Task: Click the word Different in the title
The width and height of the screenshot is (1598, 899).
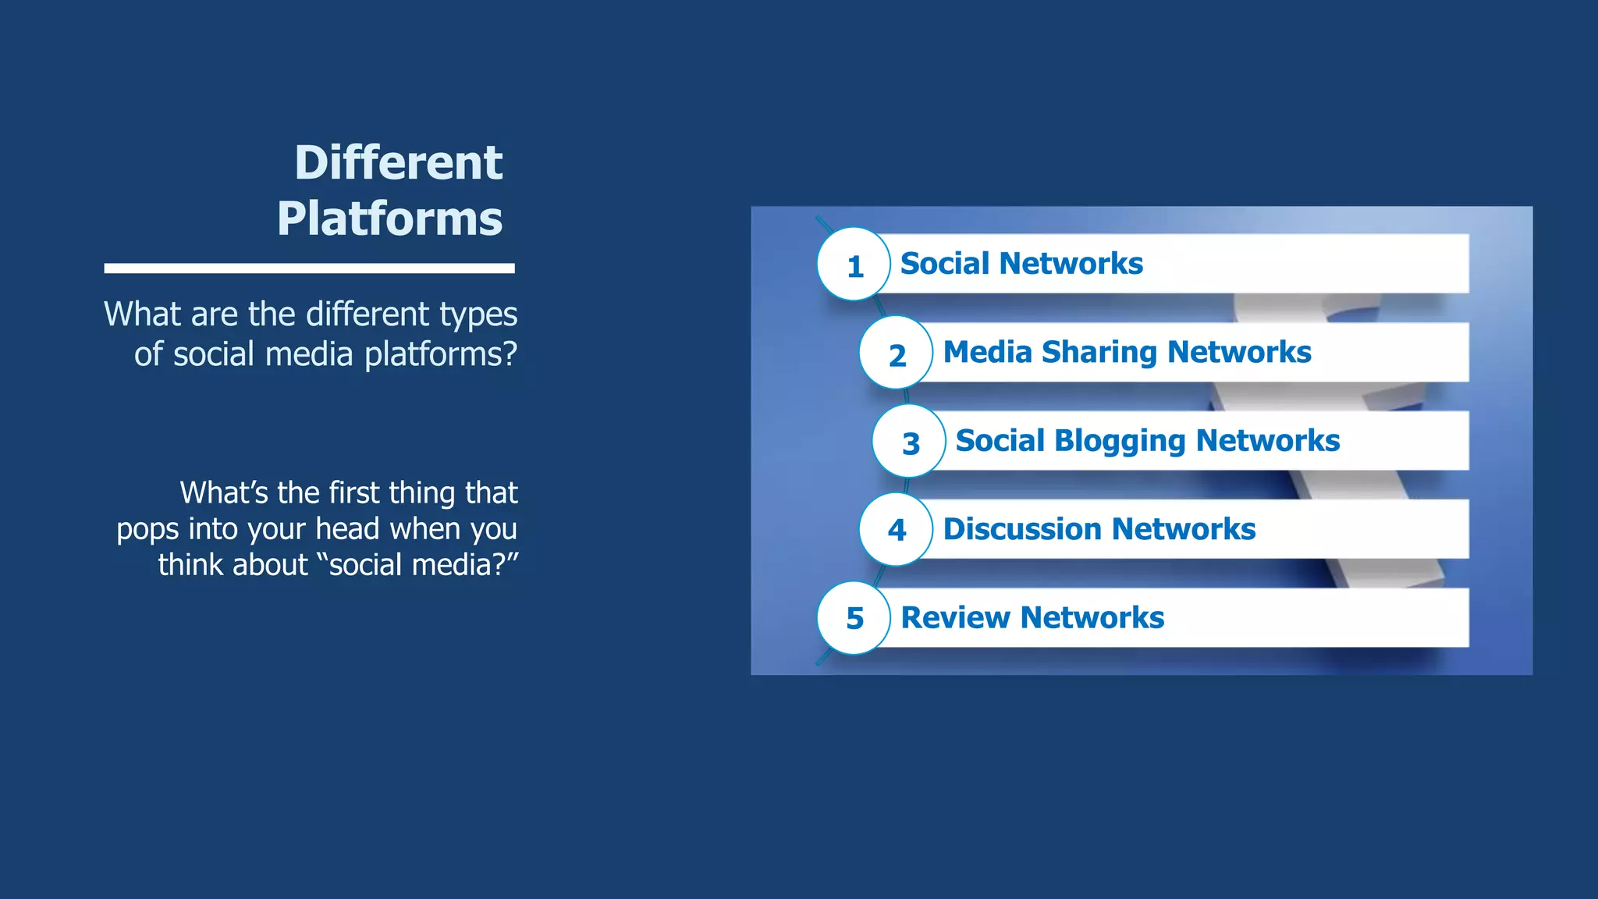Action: coord(398,163)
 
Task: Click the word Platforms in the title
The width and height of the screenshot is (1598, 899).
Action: coord(389,219)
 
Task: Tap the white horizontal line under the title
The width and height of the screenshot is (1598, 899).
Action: coord(309,268)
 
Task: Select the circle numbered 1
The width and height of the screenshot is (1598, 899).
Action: coord(854,265)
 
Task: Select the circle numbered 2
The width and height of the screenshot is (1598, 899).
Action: coord(897,354)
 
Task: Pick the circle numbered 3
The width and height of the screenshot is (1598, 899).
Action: coord(910,442)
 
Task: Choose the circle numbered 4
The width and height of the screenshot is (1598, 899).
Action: coord(897,530)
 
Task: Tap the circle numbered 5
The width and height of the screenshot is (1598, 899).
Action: coord(854,618)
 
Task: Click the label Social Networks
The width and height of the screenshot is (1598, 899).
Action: coord(1021,264)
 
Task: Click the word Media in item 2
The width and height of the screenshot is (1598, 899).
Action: coord(987,352)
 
